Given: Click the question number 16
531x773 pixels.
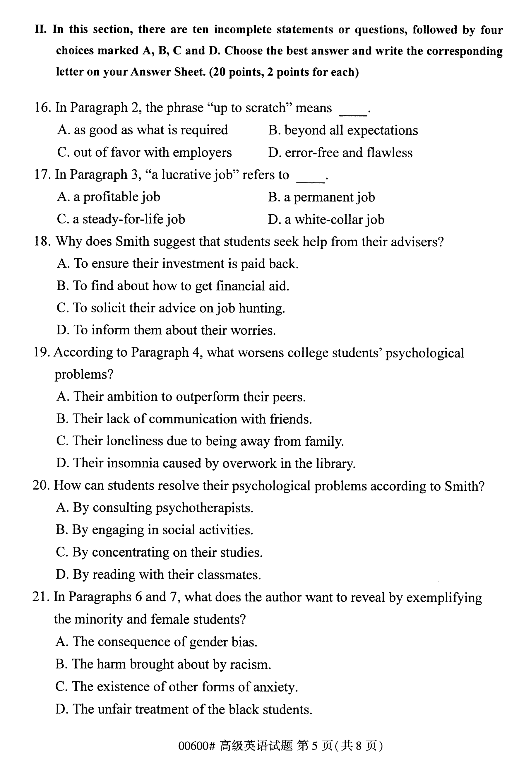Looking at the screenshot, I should [x=42, y=108].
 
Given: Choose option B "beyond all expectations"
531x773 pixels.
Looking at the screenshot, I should [x=343, y=130].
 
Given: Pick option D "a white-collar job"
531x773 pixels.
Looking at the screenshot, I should [x=326, y=220].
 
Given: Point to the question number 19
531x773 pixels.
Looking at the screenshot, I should [x=42, y=353].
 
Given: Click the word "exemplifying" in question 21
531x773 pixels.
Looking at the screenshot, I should [x=444, y=598].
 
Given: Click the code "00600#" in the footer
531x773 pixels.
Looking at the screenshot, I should [x=197, y=746].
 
